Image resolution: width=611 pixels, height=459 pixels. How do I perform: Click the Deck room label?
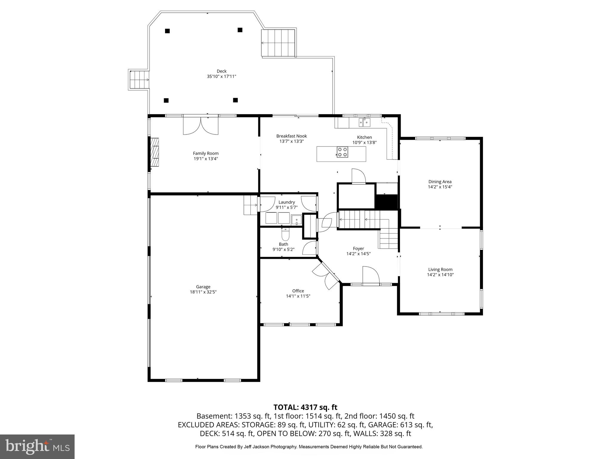tap(221, 71)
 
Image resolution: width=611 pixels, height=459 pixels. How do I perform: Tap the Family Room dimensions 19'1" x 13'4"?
tap(206, 159)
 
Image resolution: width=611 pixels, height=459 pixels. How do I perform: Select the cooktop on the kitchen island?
tap(342, 152)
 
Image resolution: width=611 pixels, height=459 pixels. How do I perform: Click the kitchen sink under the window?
tap(364, 122)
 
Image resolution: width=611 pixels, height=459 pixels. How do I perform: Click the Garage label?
tap(203, 287)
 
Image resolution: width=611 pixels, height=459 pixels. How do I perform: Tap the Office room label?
tap(298, 291)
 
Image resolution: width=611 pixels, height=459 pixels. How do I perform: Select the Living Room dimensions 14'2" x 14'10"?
tap(440, 275)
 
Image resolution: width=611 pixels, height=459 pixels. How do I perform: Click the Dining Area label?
tap(440, 181)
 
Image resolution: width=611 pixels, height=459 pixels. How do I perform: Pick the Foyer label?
tap(358, 248)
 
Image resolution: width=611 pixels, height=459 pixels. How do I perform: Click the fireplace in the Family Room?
tap(155, 152)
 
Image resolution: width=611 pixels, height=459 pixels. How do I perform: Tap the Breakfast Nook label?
tap(291, 136)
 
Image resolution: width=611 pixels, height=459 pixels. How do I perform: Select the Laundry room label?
tap(286, 202)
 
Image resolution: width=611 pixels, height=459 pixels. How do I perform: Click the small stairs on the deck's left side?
tap(139, 80)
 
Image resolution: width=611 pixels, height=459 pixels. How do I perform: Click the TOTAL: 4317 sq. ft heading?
tap(305, 407)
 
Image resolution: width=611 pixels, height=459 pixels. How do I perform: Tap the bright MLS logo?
tap(37, 446)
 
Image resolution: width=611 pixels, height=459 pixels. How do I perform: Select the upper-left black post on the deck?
tap(167, 31)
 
